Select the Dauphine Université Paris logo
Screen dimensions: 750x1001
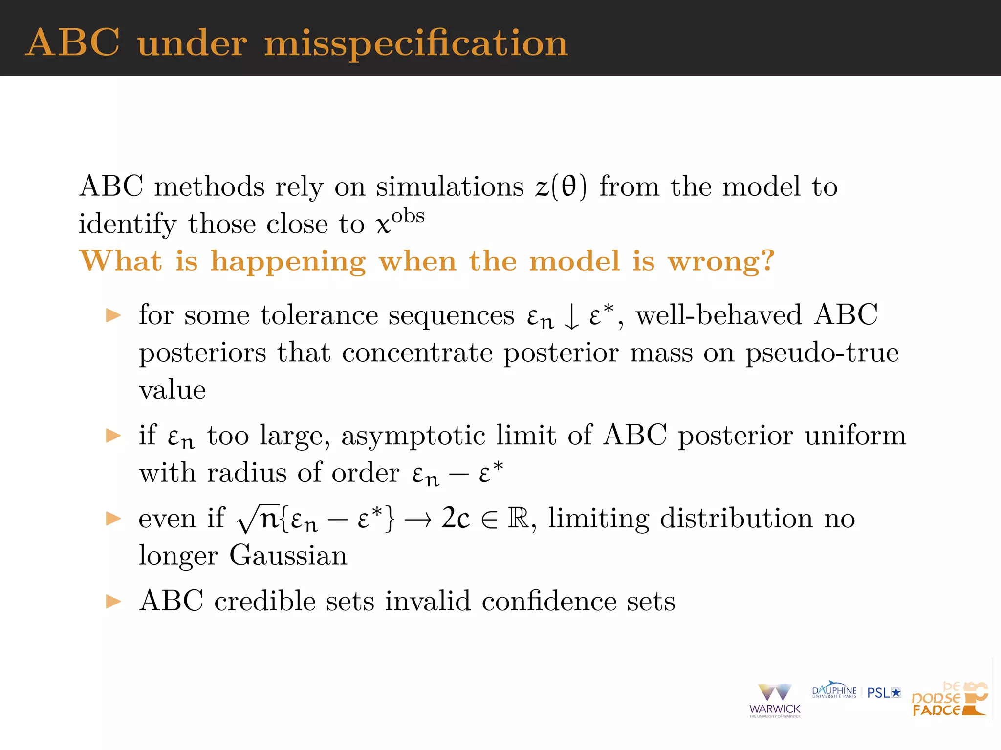click(x=834, y=691)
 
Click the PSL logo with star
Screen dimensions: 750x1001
click(x=884, y=693)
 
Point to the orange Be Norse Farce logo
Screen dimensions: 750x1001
click(x=949, y=699)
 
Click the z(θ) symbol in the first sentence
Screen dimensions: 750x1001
click(x=561, y=187)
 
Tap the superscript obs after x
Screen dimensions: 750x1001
click(x=408, y=216)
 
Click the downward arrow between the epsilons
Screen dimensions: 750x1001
click(x=571, y=316)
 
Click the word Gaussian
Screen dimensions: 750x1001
click(x=288, y=556)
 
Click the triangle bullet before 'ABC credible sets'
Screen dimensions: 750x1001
click(x=113, y=601)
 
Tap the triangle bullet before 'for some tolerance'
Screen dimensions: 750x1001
click(x=113, y=315)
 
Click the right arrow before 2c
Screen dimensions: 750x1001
click(x=418, y=520)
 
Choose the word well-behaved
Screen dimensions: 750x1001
click(x=718, y=315)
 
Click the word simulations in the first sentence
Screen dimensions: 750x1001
click(x=450, y=187)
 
